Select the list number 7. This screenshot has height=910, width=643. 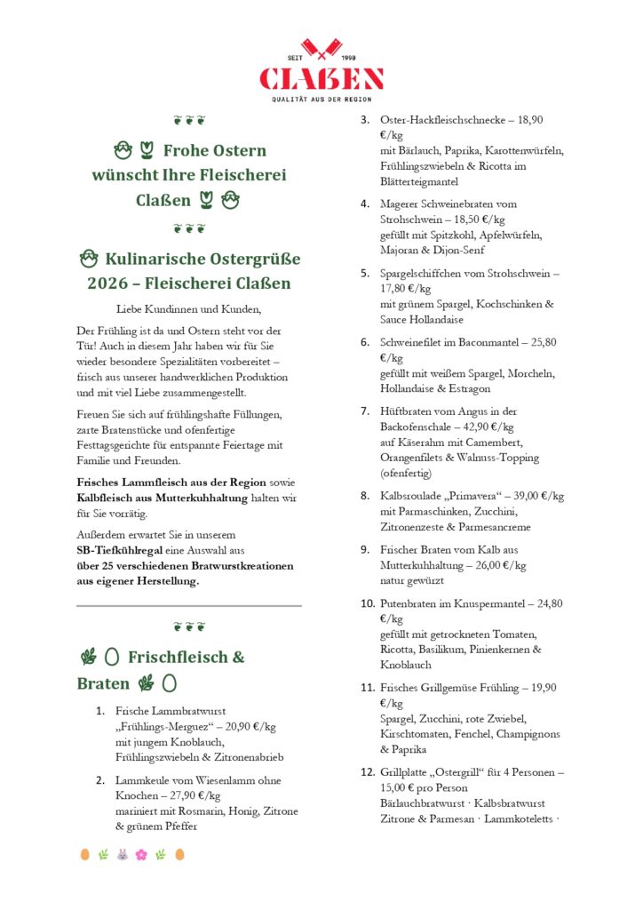(365, 411)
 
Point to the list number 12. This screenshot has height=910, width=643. (368, 772)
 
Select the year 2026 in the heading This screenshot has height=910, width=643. (109, 284)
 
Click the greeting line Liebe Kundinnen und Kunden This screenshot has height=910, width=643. (189, 309)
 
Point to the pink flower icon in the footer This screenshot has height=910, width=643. (140, 855)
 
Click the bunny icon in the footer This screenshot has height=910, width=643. (122, 855)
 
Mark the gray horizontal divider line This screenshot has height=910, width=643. (189, 605)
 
